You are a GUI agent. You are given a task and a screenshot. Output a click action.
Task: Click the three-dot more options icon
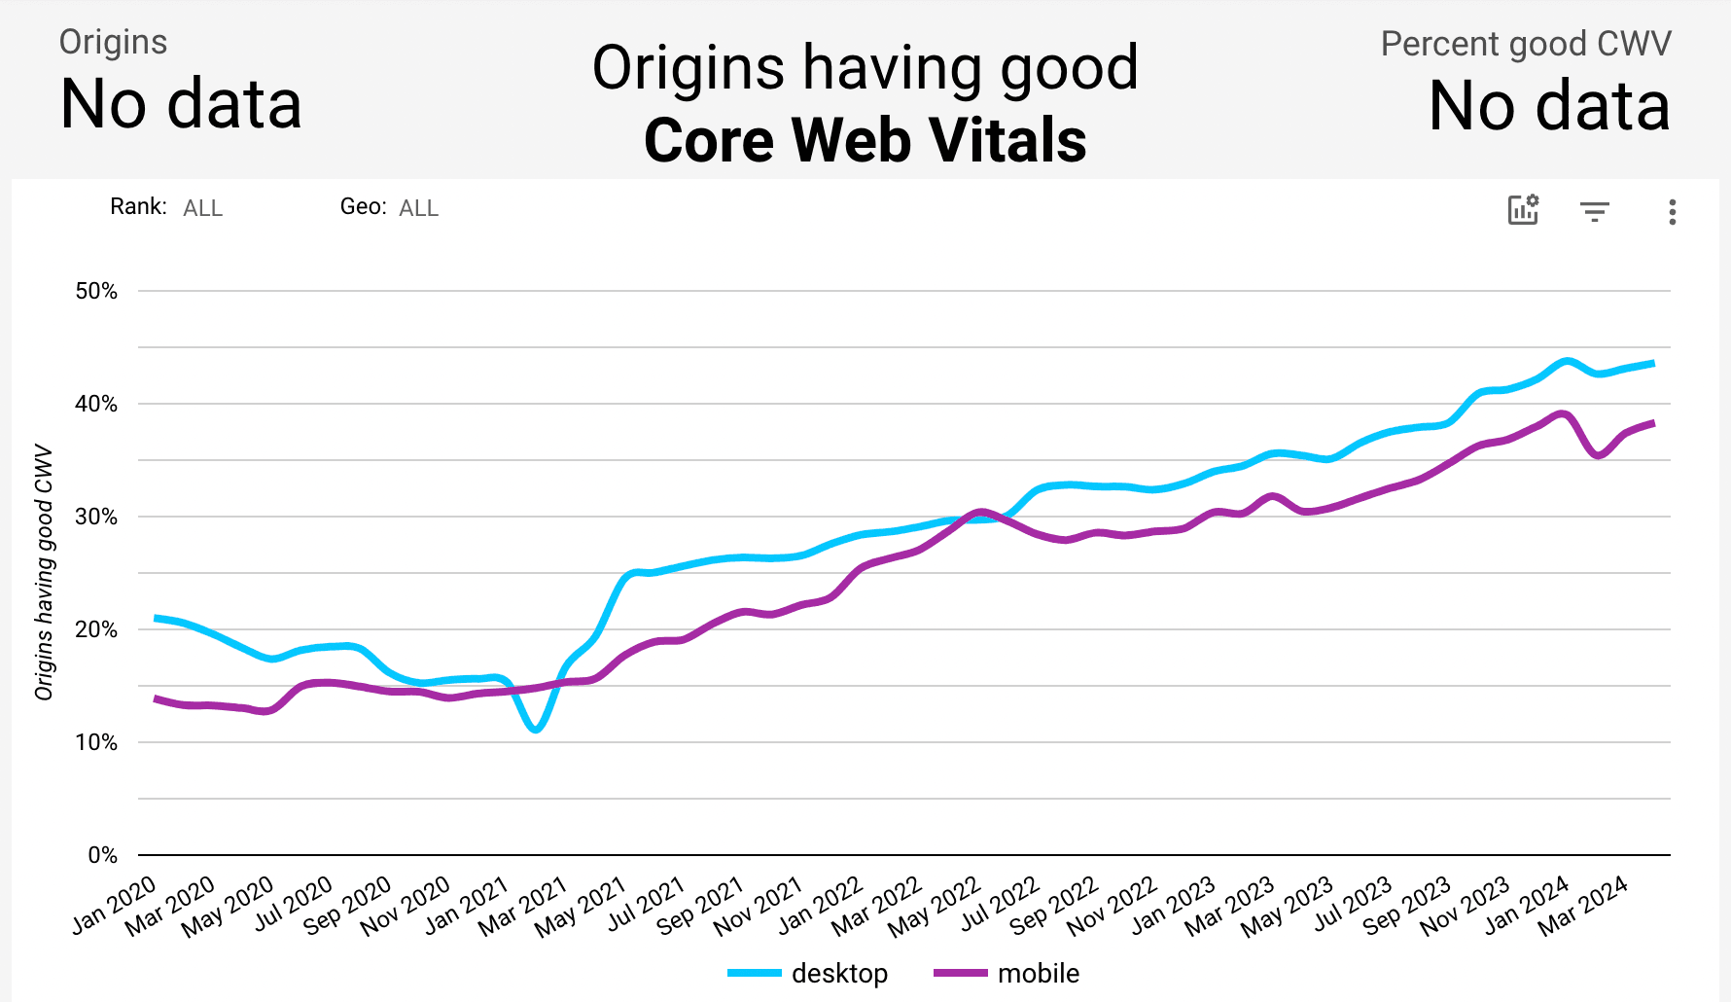point(1672,211)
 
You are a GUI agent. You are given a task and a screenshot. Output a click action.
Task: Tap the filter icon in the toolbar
point(1594,211)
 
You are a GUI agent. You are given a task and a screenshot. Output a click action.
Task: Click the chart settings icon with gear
point(1523,209)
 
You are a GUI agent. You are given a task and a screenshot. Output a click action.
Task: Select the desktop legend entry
point(838,973)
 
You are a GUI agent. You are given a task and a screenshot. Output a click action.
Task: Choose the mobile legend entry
point(1038,973)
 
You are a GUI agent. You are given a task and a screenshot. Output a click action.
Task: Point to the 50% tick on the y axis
point(96,291)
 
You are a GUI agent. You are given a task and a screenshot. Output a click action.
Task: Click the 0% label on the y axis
point(102,855)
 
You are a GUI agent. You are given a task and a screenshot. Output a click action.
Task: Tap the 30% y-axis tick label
point(96,517)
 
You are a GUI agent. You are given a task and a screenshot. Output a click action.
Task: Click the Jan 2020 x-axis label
point(115,905)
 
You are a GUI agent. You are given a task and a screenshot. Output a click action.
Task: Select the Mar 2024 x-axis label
point(1583,906)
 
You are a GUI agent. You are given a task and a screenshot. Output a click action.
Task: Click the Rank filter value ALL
point(202,208)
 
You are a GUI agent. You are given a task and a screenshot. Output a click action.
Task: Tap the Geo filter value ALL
point(418,208)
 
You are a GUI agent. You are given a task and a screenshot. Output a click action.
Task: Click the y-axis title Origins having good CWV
point(44,572)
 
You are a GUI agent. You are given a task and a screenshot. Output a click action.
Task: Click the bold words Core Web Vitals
point(865,140)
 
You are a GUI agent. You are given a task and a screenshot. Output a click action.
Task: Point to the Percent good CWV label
point(1525,44)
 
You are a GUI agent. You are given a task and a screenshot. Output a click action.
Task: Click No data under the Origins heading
point(181,104)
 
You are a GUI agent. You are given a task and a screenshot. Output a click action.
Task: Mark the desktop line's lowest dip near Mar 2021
point(536,729)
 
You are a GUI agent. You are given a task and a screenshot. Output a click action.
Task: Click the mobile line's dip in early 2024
point(1599,455)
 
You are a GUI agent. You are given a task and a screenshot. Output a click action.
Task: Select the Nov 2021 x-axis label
point(759,906)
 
